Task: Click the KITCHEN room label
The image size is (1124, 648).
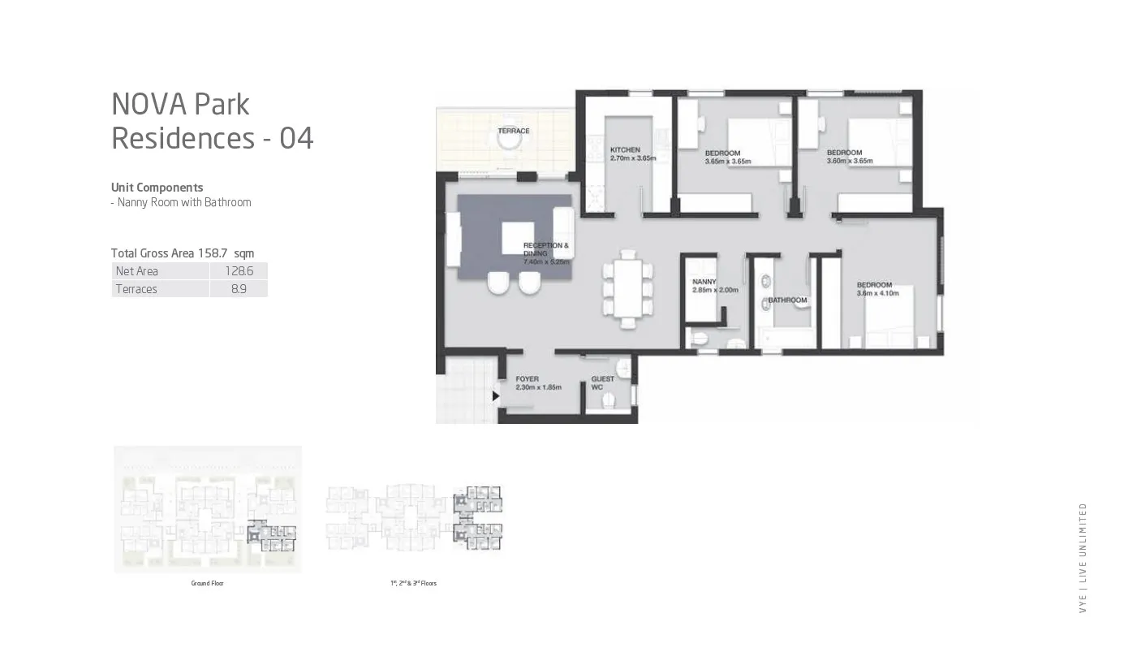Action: pos(625,149)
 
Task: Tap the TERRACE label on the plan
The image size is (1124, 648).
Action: pos(513,131)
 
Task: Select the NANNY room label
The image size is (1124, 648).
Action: pos(704,282)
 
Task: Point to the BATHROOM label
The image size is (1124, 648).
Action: pos(787,300)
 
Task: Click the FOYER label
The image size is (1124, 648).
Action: pos(527,379)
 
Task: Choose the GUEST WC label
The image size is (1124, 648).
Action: pos(602,382)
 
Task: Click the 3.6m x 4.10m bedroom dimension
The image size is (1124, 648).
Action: pos(878,293)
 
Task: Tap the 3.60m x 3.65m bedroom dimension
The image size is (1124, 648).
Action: pos(849,161)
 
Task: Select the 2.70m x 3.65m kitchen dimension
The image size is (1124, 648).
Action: pos(632,158)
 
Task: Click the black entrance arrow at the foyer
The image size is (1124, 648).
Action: pos(496,396)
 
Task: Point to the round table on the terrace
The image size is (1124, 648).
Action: pos(509,140)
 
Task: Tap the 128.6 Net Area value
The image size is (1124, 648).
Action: pos(239,271)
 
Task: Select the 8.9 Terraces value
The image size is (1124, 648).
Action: pos(239,289)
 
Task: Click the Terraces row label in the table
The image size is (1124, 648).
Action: pos(136,289)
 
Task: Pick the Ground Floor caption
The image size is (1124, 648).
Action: pos(207,583)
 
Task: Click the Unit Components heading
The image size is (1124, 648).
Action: pos(157,188)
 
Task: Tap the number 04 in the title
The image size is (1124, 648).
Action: pos(296,139)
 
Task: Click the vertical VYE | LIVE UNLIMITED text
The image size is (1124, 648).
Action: pos(1083,558)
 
